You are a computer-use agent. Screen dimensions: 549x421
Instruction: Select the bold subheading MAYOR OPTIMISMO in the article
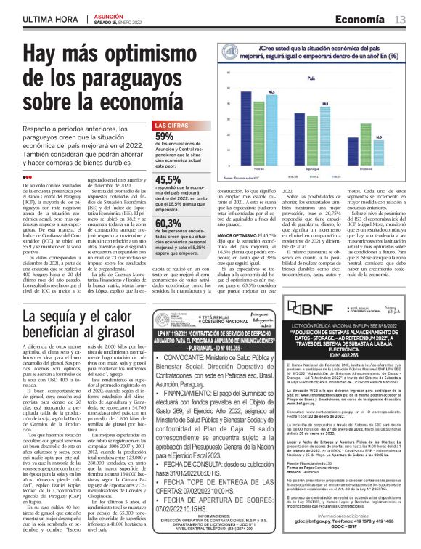coord(237,237)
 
